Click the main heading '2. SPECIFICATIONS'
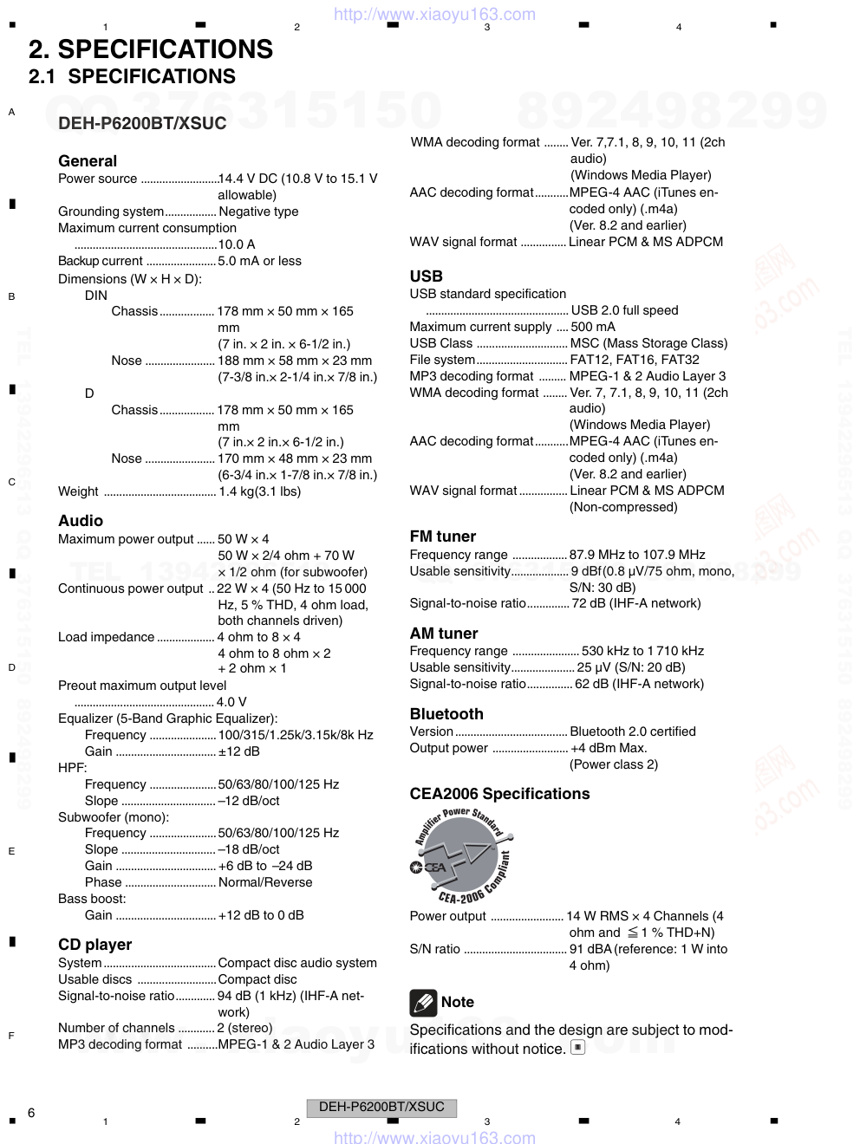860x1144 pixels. point(151,49)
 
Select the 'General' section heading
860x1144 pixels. point(88,161)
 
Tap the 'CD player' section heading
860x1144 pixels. point(95,945)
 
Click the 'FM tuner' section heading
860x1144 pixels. point(443,536)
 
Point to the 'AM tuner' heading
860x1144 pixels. point(444,634)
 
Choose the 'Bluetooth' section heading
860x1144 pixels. point(446,714)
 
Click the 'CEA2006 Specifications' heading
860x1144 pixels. point(499,794)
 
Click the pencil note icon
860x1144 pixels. point(423,1003)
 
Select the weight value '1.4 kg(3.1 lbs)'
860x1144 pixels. point(259,491)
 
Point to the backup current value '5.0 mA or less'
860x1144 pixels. point(259,261)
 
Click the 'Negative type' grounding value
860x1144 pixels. point(258,211)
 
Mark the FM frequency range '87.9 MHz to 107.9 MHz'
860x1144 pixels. point(637,555)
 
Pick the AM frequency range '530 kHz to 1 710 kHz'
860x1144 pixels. point(642,651)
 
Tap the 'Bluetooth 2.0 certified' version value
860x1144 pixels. point(633,731)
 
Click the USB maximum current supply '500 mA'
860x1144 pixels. point(593,327)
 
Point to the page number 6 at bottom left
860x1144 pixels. point(31,1113)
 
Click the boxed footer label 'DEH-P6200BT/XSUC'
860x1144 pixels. point(381,1108)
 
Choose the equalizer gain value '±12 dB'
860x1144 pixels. point(238,751)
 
